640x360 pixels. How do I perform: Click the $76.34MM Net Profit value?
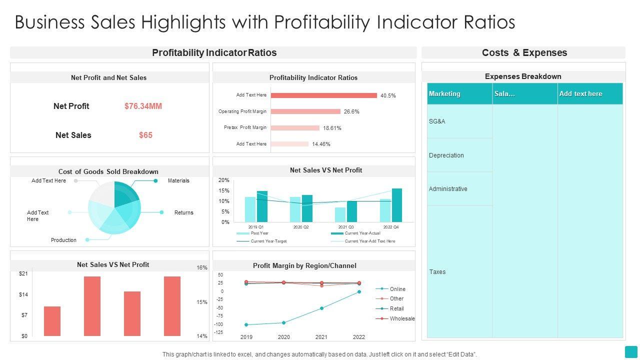tap(143, 106)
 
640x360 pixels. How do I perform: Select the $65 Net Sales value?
tap(145, 135)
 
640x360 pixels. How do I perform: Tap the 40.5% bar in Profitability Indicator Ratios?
tap(323, 95)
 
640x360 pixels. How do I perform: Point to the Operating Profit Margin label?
tap(242, 111)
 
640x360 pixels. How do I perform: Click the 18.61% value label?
tap(332, 128)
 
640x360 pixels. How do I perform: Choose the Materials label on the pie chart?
tap(178, 180)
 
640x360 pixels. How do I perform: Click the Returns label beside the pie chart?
tap(183, 212)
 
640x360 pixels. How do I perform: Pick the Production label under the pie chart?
tap(63, 240)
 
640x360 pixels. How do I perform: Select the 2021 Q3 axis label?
tap(345, 227)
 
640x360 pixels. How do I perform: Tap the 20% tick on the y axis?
tap(223, 180)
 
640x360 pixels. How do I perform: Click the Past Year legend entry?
tap(259, 233)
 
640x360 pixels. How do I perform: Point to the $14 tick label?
tap(23, 294)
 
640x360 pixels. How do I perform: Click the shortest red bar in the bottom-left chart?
tap(52, 321)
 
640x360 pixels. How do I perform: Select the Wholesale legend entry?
tap(402, 318)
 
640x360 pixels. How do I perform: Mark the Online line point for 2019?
tap(246, 324)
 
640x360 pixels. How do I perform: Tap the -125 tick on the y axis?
tap(218, 332)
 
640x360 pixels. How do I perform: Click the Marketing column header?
tap(444, 93)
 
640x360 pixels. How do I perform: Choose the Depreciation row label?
tap(446, 155)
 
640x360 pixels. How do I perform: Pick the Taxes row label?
tap(437, 272)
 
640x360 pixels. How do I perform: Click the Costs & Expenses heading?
tap(524, 52)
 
